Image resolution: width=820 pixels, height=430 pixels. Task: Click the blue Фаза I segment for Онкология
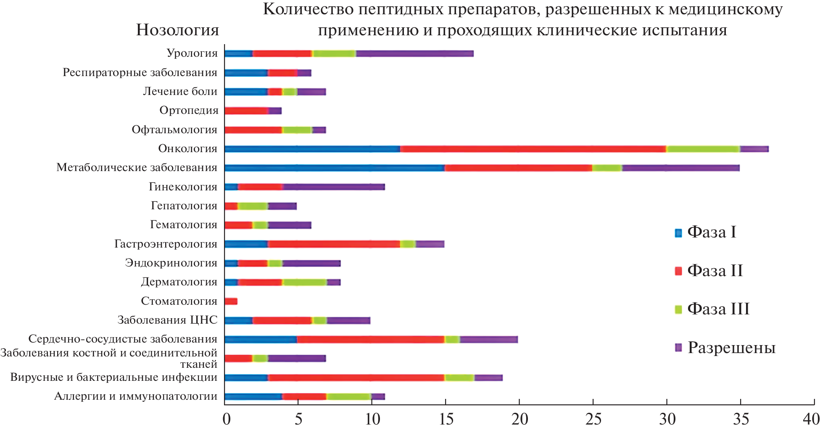312,149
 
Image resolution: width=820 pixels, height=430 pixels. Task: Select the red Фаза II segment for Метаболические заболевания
518,168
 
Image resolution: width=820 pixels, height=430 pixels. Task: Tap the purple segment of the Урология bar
414,53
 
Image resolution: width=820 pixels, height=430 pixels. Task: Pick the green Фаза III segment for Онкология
703,149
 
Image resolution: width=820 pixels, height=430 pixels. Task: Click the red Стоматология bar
231,301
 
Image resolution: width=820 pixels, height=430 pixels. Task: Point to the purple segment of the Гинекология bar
334,187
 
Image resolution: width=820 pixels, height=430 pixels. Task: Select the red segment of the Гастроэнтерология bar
334,244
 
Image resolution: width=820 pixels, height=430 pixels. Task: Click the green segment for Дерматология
305,282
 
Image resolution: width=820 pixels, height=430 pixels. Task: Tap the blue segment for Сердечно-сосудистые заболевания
261,340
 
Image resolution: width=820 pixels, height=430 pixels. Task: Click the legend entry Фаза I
711,232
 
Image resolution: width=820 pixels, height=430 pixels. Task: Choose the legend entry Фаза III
718,309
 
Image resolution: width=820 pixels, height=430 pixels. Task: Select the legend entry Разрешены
731,348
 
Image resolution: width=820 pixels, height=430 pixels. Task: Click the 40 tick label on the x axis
811,419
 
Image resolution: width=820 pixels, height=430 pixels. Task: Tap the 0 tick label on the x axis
227,419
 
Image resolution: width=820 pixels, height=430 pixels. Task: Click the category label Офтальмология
174,129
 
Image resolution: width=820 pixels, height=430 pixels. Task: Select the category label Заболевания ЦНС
167,320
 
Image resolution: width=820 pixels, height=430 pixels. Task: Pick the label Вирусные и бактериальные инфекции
114,377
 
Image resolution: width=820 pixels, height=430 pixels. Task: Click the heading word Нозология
177,30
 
